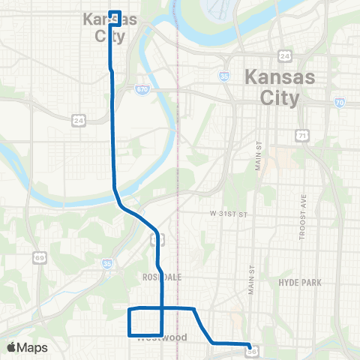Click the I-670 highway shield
(142, 89)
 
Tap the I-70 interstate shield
(339, 103)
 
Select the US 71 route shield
(301, 135)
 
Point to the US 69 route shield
(40, 257)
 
